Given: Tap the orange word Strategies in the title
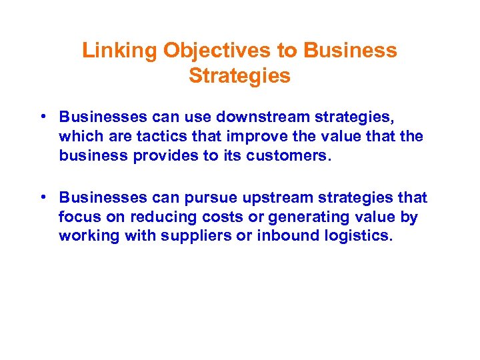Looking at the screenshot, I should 239,76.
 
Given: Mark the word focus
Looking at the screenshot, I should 76,217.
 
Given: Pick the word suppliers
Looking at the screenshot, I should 193,235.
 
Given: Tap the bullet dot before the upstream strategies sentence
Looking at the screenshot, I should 41,198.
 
